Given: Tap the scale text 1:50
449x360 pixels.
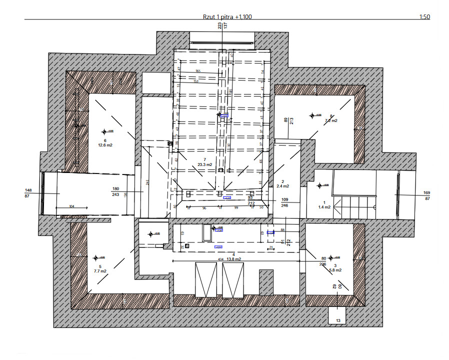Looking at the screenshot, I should pyautogui.click(x=424, y=17).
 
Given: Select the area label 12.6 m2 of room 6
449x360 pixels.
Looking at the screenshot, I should pyautogui.click(x=105, y=145).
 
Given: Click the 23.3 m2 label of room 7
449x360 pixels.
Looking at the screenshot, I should pyautogui.click(x=205, y=164).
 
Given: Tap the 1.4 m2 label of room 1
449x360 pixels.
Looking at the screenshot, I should pyautogui.click(x=325, y=206).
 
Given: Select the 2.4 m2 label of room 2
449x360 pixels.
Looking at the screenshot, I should pyautogui.click(x=283, y=186).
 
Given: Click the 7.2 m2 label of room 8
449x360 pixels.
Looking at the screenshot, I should pyautogui.click(x=331, y=120).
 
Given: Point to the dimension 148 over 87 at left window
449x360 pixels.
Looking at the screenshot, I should pyautogui.click(x=28, y=193).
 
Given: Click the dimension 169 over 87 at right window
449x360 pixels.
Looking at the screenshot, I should pyautogui.click(x=426, y=195).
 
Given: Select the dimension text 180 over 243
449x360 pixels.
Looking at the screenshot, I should pyautogui.click(x=115, y=191).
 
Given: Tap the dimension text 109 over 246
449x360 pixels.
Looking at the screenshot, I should pyautogui.click(x=285, y=202).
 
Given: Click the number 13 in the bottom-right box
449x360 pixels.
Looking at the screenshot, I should pyautogui.click(x=338, y=320).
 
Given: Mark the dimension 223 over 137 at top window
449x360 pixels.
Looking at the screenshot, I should pyautogui.click(x=222, y=27).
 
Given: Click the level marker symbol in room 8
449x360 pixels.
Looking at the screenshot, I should pyautogui.click(x=312, y=115).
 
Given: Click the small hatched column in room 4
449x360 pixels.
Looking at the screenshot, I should pyautogui.click(x=266, y=282).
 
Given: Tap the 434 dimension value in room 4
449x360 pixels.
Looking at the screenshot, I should pyautogui.click(x=220, y=259).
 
